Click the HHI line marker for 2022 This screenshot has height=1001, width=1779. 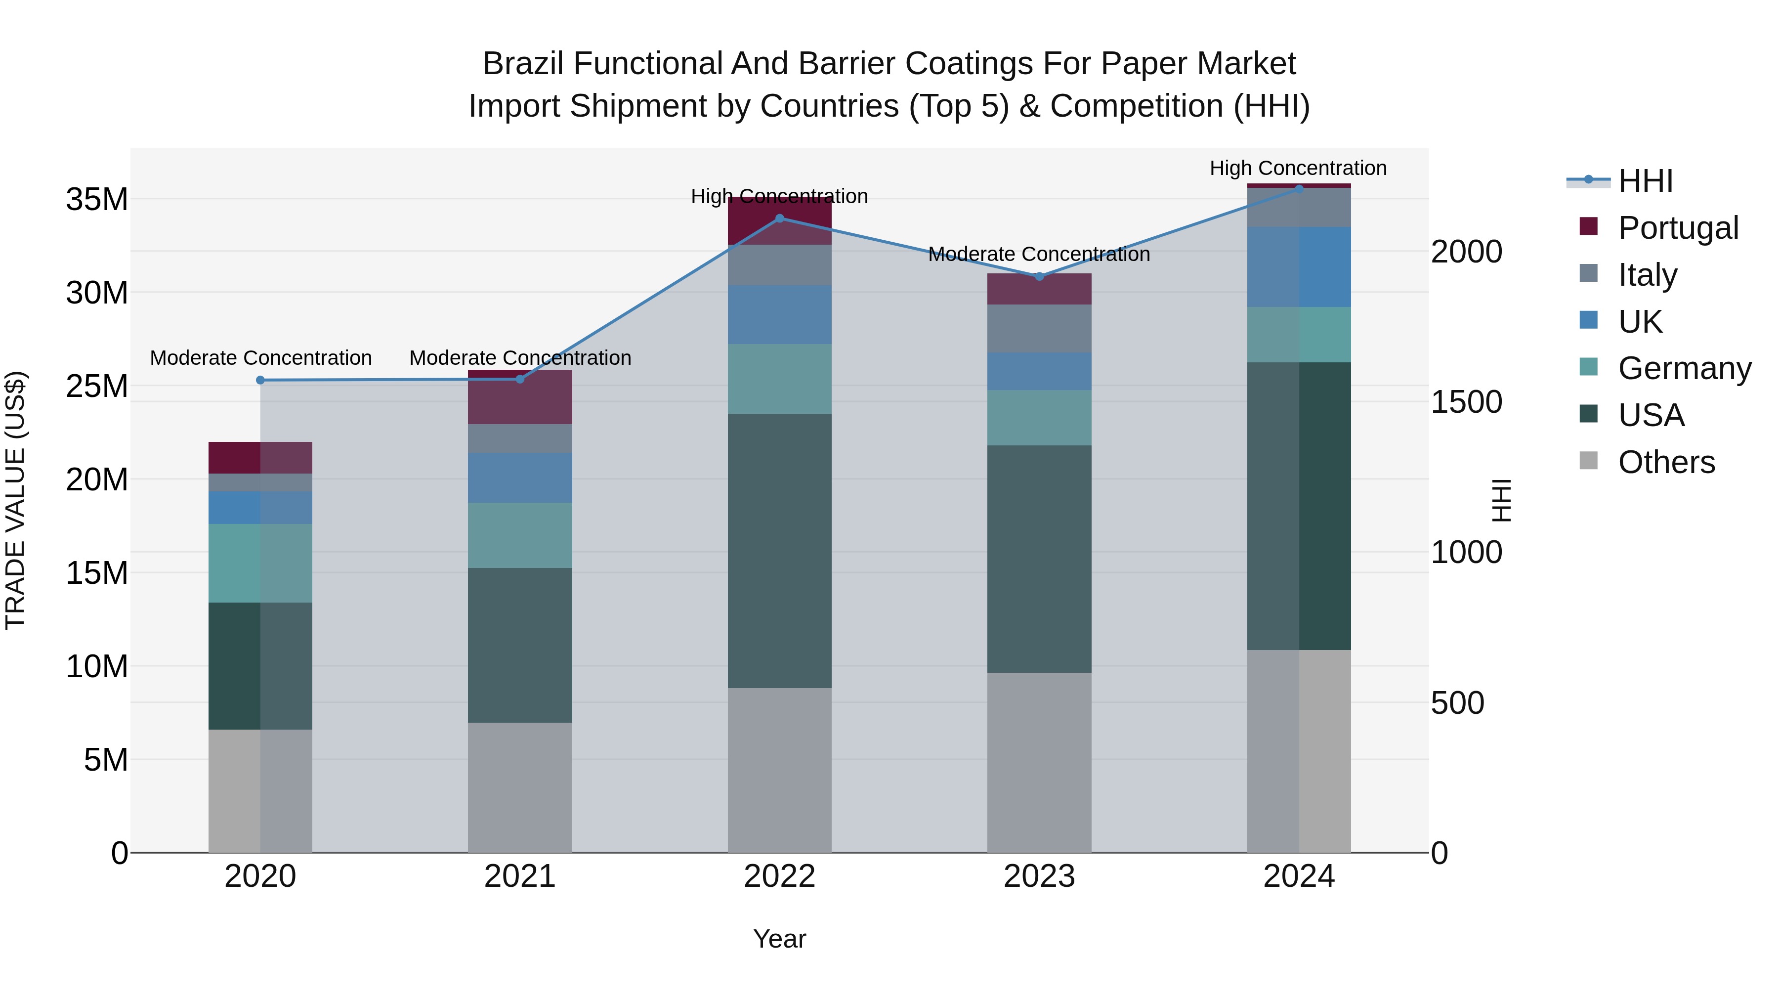click(x=780, y=218)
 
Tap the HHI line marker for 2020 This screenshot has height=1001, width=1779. click(x=260, y=380)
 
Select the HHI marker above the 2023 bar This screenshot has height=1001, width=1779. click(x=1039, y=276)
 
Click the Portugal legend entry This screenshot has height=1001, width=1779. click(x=1678, y=227)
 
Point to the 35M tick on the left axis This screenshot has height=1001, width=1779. click(x=97, y=200)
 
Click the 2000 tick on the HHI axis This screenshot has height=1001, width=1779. click(x=1466, y=252)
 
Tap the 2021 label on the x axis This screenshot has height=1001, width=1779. click(x=520, y=876)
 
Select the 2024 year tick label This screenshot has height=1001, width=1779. click(x=1299, y=876)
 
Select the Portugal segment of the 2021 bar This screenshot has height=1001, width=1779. click(x=520, y=398)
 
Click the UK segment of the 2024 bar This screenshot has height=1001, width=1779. click(x=1299, y=266)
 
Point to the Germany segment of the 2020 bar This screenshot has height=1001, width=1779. click(x=260, y=563)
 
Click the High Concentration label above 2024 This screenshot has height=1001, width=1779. click(x=1298, y=168)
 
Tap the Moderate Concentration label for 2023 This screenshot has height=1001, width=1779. click(x=1039, y=254)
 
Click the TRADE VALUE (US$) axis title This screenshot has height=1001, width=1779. click(x=15, y=500)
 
